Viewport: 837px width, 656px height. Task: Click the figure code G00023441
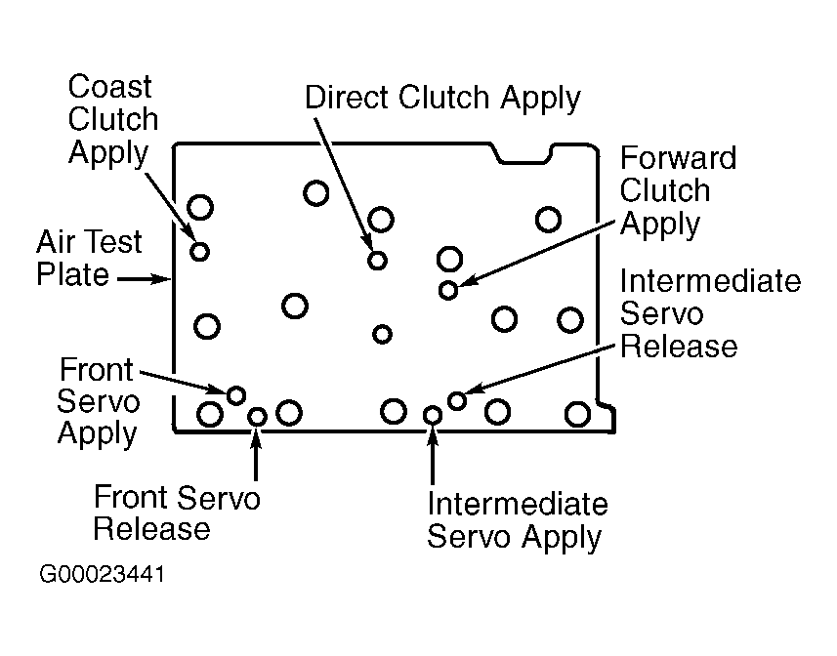[x=102, y=574]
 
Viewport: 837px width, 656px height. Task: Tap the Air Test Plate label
[x=89, y=258]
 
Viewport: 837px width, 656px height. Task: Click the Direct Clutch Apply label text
[x=442, y=99]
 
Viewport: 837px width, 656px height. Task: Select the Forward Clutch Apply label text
[x=678, y=191]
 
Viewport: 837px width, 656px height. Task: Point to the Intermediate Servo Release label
[x=710, y=313]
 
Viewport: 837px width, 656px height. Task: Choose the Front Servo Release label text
[x=177, y=513]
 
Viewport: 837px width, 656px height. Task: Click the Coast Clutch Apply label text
[x=113, y=120]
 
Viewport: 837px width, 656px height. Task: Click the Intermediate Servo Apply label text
[x=518, y=520]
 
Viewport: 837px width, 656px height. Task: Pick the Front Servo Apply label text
[x=98, y=402]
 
